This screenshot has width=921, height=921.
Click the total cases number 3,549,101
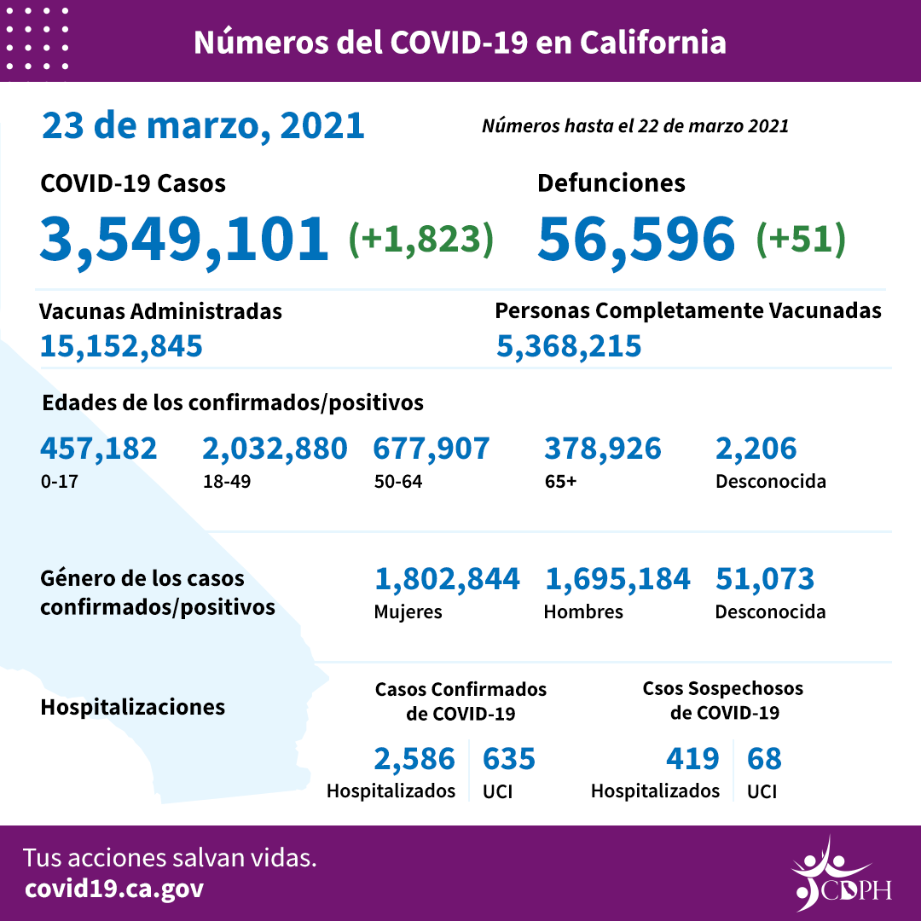pyautogui.click(x=184, y=238)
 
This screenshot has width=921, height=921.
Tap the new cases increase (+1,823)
pyautogui.click(x=421, y=240)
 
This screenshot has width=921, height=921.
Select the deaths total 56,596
pyautogui.click(x=636, y=238)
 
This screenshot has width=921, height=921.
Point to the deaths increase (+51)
pyautogui.click(x=801, y=240)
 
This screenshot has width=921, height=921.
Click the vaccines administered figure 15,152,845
pyautogui.click(x=121, y=346)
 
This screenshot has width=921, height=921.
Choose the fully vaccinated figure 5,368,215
pyautogui.click(x=569, y=346)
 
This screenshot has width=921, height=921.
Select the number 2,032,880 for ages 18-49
pyautogui.click(x=275, y=449)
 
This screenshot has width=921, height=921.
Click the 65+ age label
pyautogui.click(x=560, y=481)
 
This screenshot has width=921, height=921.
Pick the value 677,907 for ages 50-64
pyautogui.click(x=432, y=449)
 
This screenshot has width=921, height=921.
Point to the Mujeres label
pyautogui.click(x=408, y=612)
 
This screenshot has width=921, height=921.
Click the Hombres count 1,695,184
pyautogui.click(x=617, y=580)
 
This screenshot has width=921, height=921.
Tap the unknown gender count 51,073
pyautogui.click(x=765, y=580)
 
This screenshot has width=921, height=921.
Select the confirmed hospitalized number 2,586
pyautogui.click(x=414, y=758)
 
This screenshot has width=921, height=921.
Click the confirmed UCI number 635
pyautogui.click(x=509, y=758)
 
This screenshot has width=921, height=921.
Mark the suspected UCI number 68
pyautogui.click(x=764, y=758)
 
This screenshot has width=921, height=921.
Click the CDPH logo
pyautogui.click(x=840, y=874)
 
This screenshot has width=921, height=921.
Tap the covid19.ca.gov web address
pyautogui.click(x=114, y=889)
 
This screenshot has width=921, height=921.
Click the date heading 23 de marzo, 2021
pyautogui.click(x=203, y=126)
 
